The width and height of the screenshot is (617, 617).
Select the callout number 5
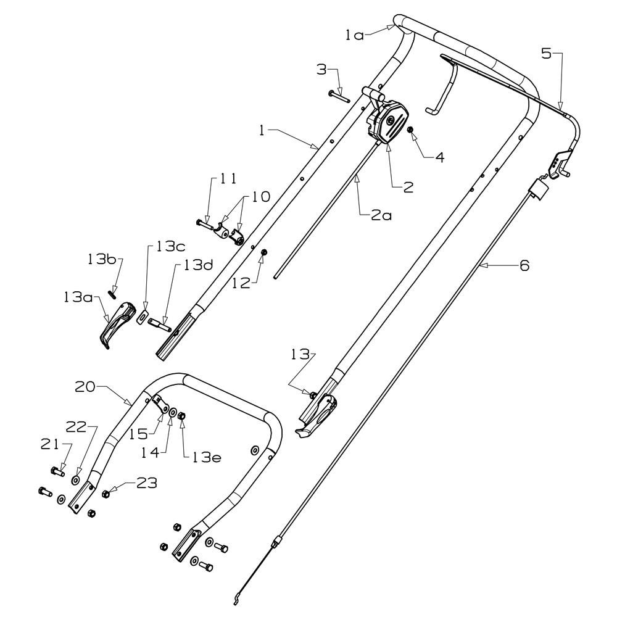pyautogui.click(x=546, y=53)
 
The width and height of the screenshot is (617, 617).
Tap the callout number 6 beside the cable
pyautogui.click(x=524, y=265)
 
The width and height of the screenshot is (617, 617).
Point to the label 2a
pyautogui.click(x=381, y=215)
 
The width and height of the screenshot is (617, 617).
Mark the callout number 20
pyautogui.click(x=85, y=387)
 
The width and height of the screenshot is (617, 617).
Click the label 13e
pyautogui.click(x=207, y=457)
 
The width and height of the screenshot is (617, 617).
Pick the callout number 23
pyautogui.click(x=146, y=483)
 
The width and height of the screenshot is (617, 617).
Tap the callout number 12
pyautogui.click(x=241, y=283)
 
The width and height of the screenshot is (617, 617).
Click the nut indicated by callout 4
pyautogui.click(x=411, y=130)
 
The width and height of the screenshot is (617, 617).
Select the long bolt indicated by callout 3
pyautogui.click(x=339, y=96)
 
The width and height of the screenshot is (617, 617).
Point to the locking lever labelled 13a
pyautogui.click(x=117, y=325)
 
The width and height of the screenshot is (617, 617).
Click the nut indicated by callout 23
pyautogui.click(x=106, y=494)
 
